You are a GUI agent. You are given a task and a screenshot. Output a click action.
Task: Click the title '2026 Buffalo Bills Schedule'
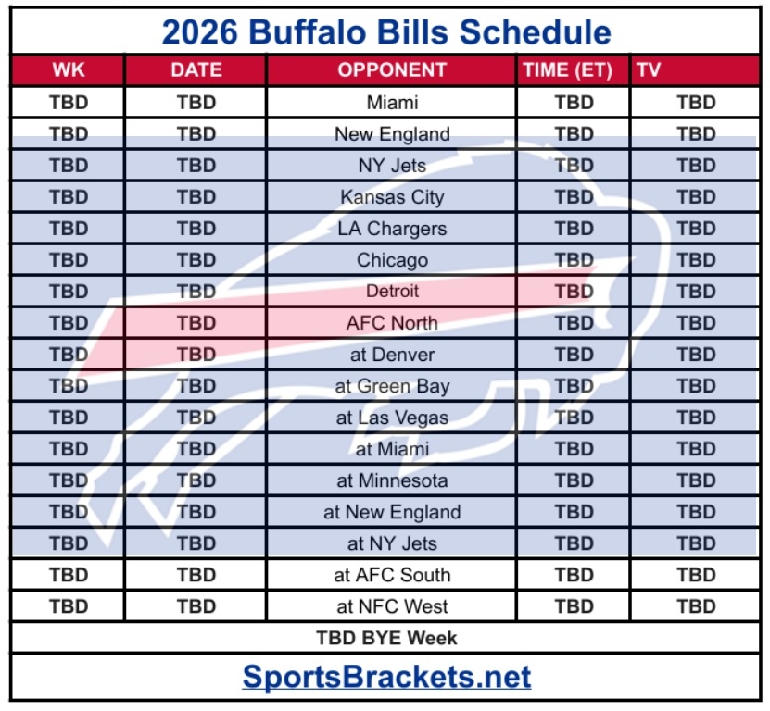point(385,32)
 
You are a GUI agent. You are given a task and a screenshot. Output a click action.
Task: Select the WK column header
point(69,70)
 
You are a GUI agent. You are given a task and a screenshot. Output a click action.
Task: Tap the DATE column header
point(196,70)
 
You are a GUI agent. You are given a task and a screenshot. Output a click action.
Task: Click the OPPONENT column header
point(392,70)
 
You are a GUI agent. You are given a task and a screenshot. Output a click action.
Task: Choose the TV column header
point(649,70)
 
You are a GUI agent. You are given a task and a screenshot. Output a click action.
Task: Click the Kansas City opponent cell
point(392,197)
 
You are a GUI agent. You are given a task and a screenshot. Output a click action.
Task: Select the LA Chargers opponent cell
point(392,229)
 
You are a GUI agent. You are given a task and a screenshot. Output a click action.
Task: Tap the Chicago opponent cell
point(392,260)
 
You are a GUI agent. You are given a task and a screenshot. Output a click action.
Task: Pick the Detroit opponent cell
point(392,292)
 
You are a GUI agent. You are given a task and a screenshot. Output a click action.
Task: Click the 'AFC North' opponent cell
point(392,323)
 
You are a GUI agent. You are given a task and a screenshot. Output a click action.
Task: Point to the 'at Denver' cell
point(392,355)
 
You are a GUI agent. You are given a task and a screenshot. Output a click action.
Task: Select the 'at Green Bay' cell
point(392,386)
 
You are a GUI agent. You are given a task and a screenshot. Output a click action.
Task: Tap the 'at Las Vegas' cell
point(392,418)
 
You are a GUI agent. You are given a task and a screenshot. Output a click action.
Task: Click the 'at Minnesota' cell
point(392,480)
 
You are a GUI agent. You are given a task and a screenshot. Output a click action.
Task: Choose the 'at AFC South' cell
point(392,575)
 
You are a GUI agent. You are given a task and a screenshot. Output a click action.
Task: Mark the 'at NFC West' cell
point(392,606)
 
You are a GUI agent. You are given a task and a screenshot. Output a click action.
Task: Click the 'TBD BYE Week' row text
point(386,638)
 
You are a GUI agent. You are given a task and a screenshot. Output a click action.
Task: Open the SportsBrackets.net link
point(386,677)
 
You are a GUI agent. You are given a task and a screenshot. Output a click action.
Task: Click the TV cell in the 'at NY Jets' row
point(696,543)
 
